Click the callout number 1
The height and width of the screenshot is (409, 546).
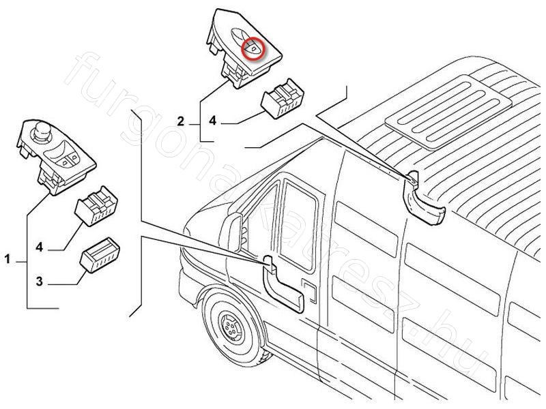tap(8, 259)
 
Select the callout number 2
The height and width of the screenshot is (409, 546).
tap(181, 122)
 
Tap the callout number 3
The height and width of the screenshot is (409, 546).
tap(40, 280)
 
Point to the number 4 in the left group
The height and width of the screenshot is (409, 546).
tap(40, 247)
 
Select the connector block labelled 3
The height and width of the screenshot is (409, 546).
tap(100, 255)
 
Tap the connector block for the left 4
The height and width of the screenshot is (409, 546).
tap(98, 204)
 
